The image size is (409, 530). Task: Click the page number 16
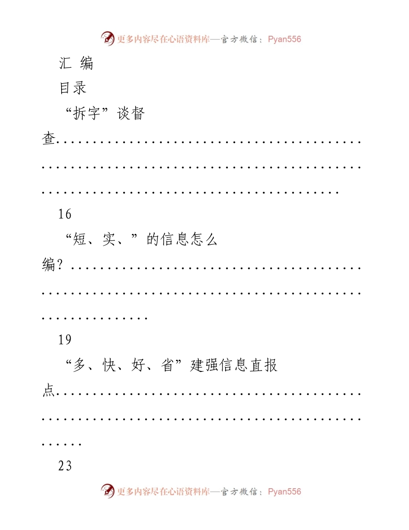[65, 214]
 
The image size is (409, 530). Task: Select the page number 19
[65, 340]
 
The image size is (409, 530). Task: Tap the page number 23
[65, 466]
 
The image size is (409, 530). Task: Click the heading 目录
[73, 88]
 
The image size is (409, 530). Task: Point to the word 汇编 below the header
[76, 63]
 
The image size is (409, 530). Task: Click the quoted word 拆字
[87, 113]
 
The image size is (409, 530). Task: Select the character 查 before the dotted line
[49, 138]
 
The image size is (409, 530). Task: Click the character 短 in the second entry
[80, 239]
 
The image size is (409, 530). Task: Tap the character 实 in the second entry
[109, 239]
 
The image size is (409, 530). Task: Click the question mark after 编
[60, 264]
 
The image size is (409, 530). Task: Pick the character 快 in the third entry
[109, 365]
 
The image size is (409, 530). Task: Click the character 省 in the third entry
[167, 365]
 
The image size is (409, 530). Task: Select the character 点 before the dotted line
[49, 390]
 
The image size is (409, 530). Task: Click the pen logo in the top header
[108, 39]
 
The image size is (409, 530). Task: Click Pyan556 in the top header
[284, 39]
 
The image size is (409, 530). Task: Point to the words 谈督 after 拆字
[131, 113]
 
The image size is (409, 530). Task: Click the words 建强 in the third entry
[204, 365]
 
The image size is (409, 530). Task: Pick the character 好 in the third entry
[138, 365]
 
